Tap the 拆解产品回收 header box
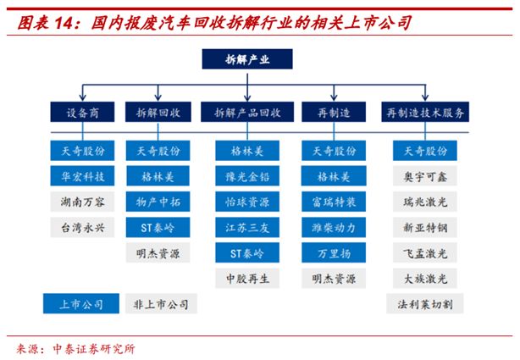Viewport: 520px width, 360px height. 246,111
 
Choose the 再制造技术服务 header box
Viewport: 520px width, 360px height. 427,111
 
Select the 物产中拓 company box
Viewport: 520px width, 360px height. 158,202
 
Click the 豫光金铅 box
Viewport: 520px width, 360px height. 246,176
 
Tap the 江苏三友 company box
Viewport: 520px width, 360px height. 246,227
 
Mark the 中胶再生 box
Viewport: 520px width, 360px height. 246,277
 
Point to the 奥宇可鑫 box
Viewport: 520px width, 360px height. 427,176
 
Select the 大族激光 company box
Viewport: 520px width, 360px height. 427,277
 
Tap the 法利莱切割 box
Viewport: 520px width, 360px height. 427,302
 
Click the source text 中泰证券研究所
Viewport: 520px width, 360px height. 92,348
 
